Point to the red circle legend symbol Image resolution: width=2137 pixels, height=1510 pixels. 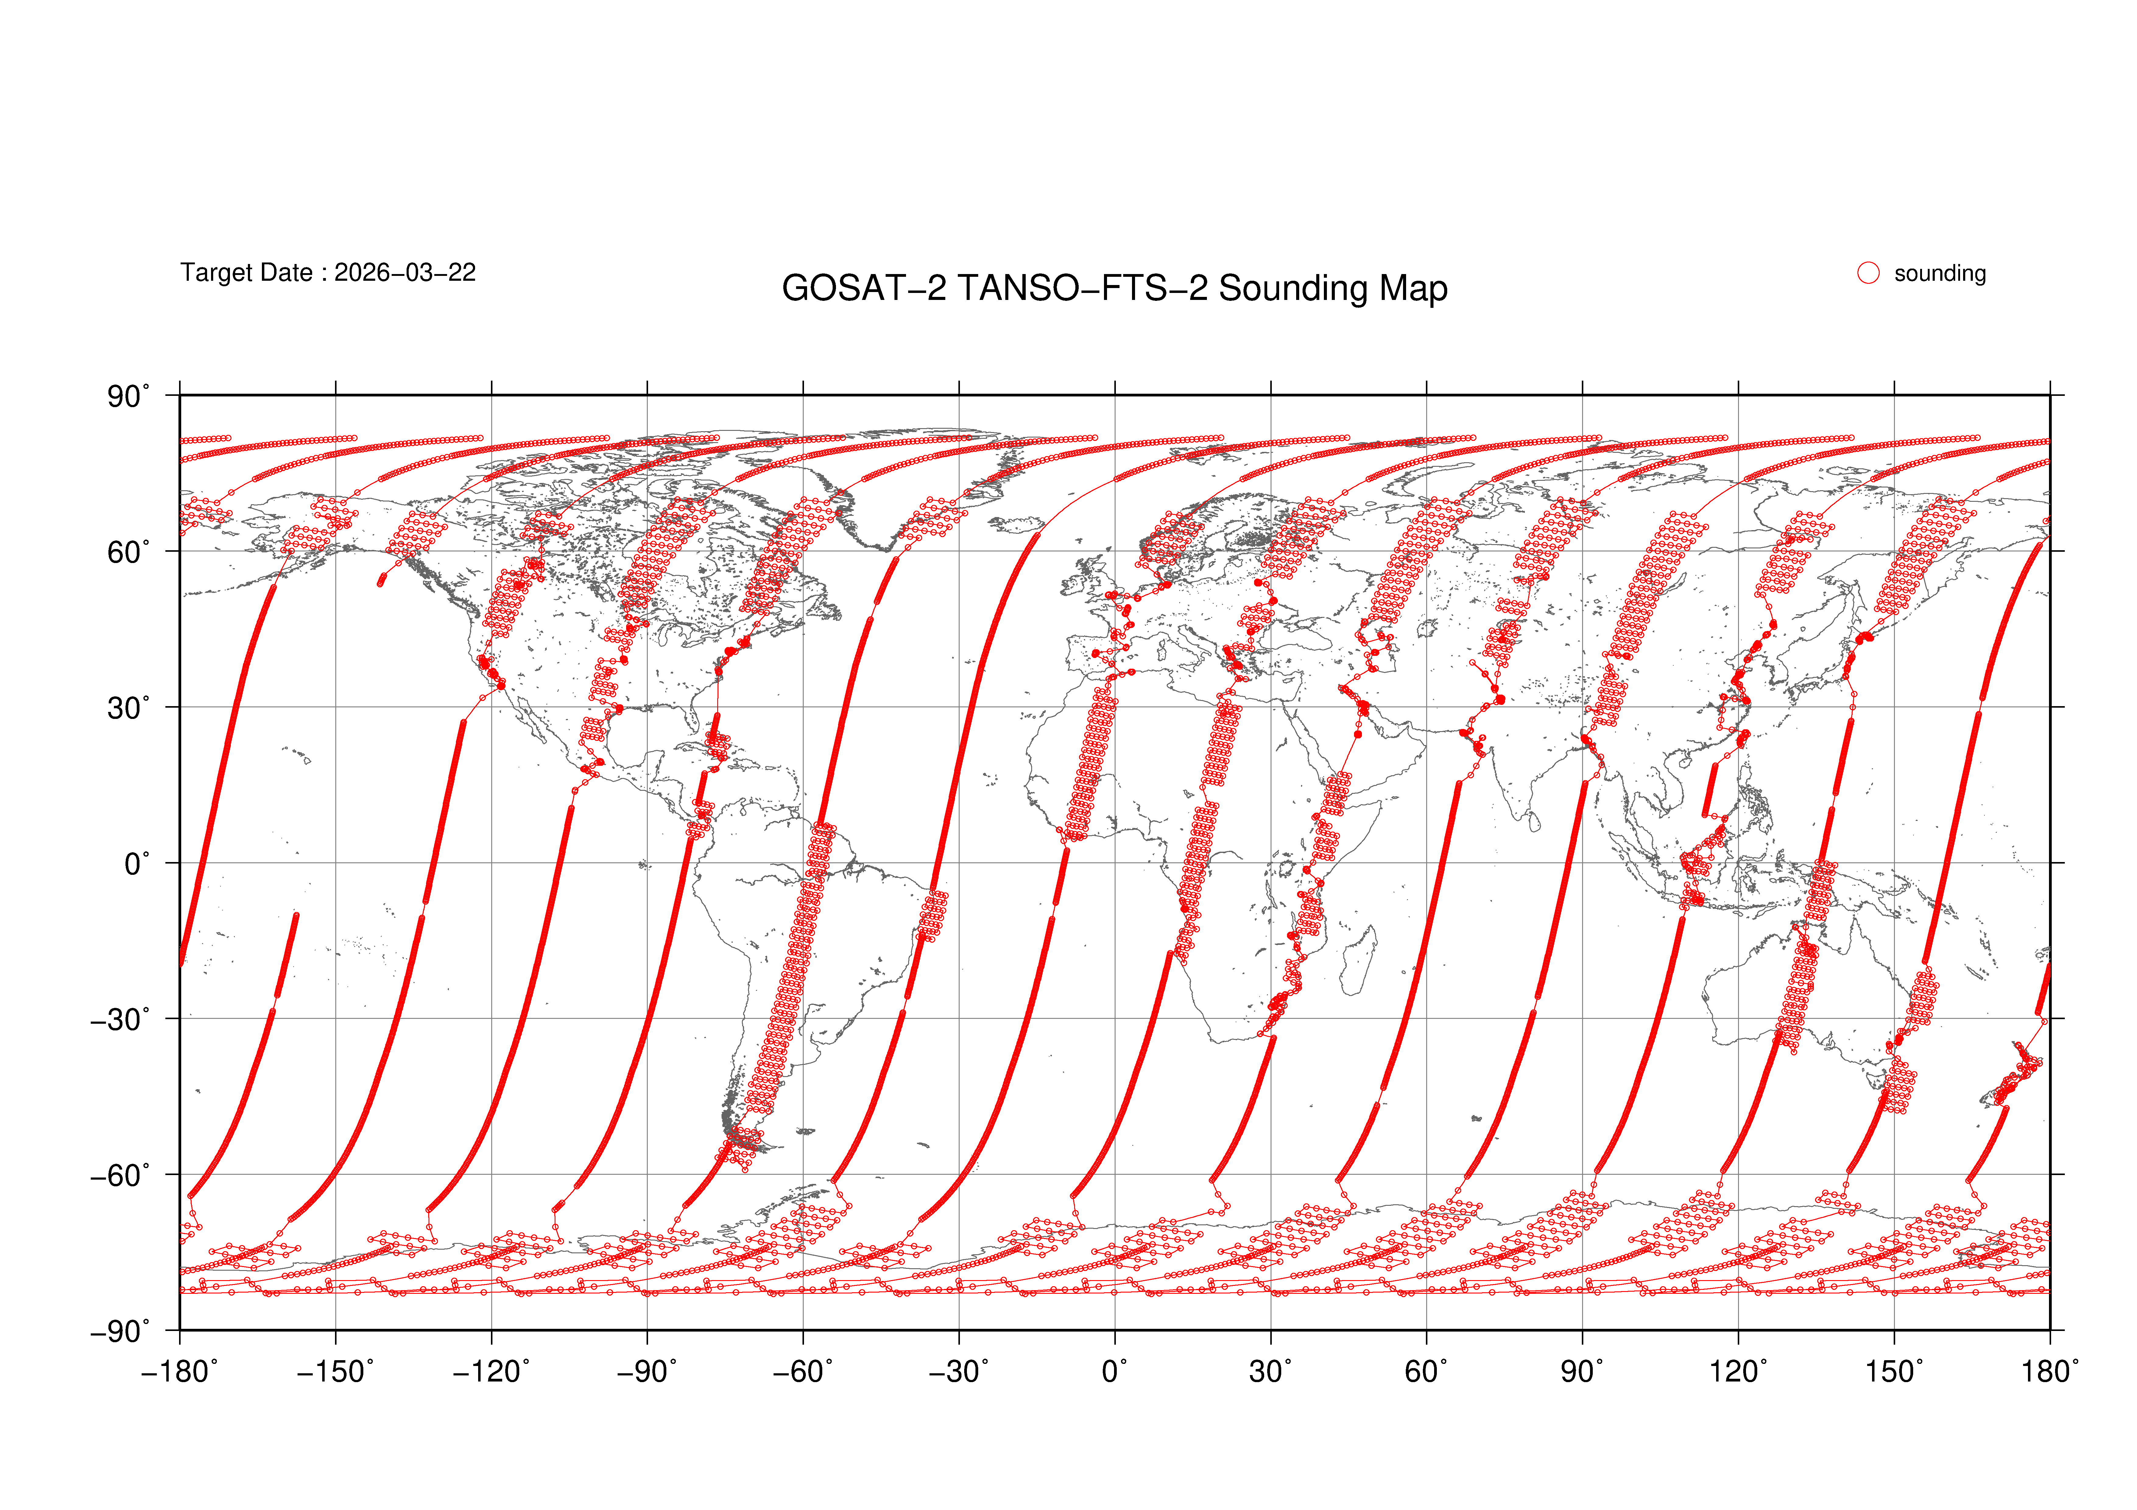pyautogui.click(x=1868, y=273)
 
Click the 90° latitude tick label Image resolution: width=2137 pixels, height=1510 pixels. pyautogui.click(x=128, y=397)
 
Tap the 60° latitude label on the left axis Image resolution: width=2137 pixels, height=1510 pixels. pyautogui.click(x=128, y=553)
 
